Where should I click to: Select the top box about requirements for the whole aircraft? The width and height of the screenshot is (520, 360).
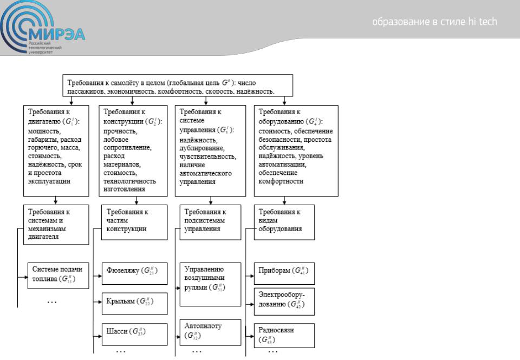178,86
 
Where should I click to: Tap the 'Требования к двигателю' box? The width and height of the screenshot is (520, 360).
56,150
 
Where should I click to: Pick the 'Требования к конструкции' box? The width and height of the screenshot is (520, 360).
133,150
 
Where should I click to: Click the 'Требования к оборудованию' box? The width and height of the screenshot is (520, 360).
296,150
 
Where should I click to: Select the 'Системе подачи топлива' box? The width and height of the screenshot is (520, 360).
58,276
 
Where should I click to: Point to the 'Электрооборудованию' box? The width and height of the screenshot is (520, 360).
283,302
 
